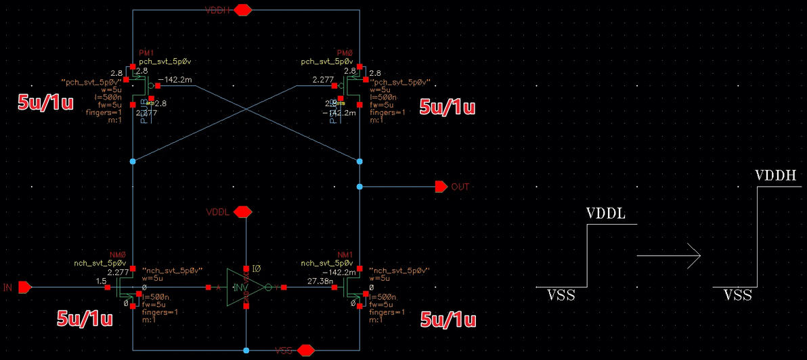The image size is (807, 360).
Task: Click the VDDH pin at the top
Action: [243, 10]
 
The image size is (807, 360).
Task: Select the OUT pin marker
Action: [441, 186]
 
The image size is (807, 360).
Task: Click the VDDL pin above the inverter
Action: [242, 212]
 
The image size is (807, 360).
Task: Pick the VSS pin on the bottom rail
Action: [306, 350]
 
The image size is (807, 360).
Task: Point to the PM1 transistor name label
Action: [147, 53]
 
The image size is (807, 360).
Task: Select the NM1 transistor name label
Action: [345, 254]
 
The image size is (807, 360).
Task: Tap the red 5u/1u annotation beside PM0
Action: [448, 107]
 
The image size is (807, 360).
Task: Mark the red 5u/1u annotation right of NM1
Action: [448, 319]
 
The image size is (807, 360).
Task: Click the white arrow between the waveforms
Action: [668, 256]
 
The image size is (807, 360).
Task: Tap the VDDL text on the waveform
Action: [606, 215]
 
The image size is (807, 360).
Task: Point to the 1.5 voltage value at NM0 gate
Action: [102, 280]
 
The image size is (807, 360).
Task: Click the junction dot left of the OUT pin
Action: [359, 186]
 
